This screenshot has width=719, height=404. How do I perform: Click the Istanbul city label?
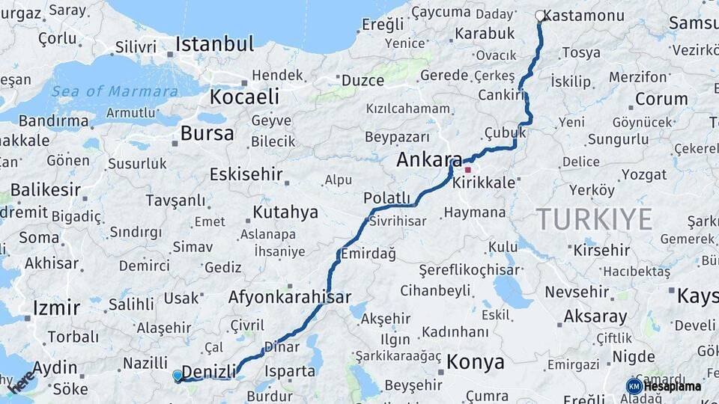point(214,44)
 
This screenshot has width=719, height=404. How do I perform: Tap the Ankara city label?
point(429,159)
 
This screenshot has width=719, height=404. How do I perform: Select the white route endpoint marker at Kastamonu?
point(539,15)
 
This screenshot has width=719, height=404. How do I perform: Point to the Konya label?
point(475,363)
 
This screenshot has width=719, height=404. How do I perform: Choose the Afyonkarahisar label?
point(289,297)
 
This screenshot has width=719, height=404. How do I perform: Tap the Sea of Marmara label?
point(115,91)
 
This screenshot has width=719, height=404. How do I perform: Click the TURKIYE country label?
point(594,219)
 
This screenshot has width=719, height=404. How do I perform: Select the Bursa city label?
point(207,134)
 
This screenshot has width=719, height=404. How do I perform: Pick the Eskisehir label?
point(246,174)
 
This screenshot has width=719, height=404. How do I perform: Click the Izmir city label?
point(56,307)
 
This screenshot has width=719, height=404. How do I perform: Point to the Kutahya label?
point(285,212)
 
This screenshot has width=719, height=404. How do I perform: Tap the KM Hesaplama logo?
point(664,386)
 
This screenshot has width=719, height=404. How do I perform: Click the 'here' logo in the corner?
point(20,381)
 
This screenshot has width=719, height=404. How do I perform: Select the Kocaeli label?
point(244,97)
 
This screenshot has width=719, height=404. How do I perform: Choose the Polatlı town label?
point(387,198)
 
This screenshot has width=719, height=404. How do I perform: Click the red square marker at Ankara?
point(468,170)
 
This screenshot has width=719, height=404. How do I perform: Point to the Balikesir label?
point(45,189)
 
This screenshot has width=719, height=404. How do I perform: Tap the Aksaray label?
point(595,316)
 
